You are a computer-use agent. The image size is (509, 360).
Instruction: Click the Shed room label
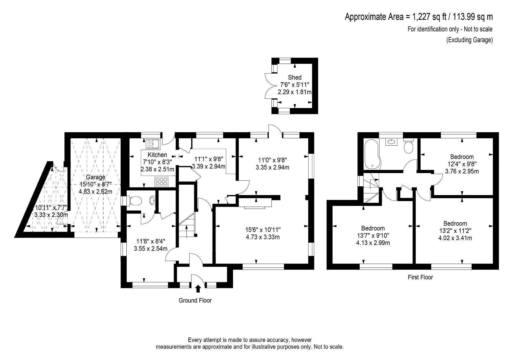point(295,77)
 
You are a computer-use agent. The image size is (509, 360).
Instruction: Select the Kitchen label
point(158,155)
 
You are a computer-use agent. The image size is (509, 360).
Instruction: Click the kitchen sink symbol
point(153,143)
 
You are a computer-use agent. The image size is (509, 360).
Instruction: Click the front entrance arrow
point(198,288)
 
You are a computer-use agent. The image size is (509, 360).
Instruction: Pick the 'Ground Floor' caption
point(195,300)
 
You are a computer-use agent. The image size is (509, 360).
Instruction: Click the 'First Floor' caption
point(420,277)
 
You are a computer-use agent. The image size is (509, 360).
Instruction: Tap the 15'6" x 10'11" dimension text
point(263,230)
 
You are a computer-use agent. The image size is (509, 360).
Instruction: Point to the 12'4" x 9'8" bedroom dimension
point(462,164)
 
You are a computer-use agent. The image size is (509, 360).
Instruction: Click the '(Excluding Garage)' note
point(469,40)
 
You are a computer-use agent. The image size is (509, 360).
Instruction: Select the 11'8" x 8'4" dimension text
point(151,241)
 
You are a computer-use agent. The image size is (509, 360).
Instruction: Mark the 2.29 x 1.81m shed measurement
point(295,92)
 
